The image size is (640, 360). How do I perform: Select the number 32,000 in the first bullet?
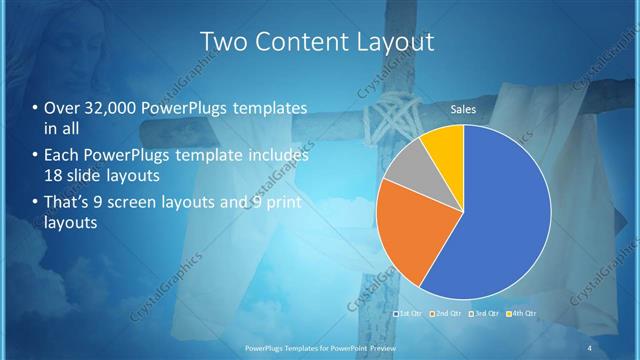coord(109,108)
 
